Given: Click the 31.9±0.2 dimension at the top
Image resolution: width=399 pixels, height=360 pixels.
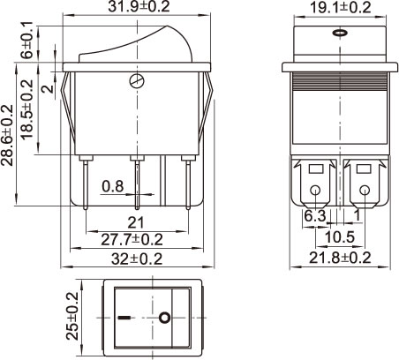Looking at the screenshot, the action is tap(139, 6).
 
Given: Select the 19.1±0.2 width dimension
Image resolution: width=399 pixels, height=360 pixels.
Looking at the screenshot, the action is tap(341, 7).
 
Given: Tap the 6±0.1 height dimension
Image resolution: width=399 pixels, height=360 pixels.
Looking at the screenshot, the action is tap(26, 40).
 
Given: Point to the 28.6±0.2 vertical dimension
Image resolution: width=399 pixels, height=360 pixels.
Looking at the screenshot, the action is tap(7, 135).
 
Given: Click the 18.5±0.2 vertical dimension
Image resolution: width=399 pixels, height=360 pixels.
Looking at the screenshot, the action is tap(27, 109).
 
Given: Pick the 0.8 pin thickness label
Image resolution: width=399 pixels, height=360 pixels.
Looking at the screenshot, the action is tap(113, 186).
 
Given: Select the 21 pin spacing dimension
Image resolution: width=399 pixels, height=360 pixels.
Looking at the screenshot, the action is tap(136, 222).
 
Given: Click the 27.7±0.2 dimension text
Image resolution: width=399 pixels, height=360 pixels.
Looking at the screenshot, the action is tap(132, 240).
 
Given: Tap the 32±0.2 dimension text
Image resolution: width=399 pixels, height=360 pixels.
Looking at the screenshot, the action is tap(137, 259).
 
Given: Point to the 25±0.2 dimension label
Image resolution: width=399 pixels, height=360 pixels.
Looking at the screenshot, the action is tap(72, 316).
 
